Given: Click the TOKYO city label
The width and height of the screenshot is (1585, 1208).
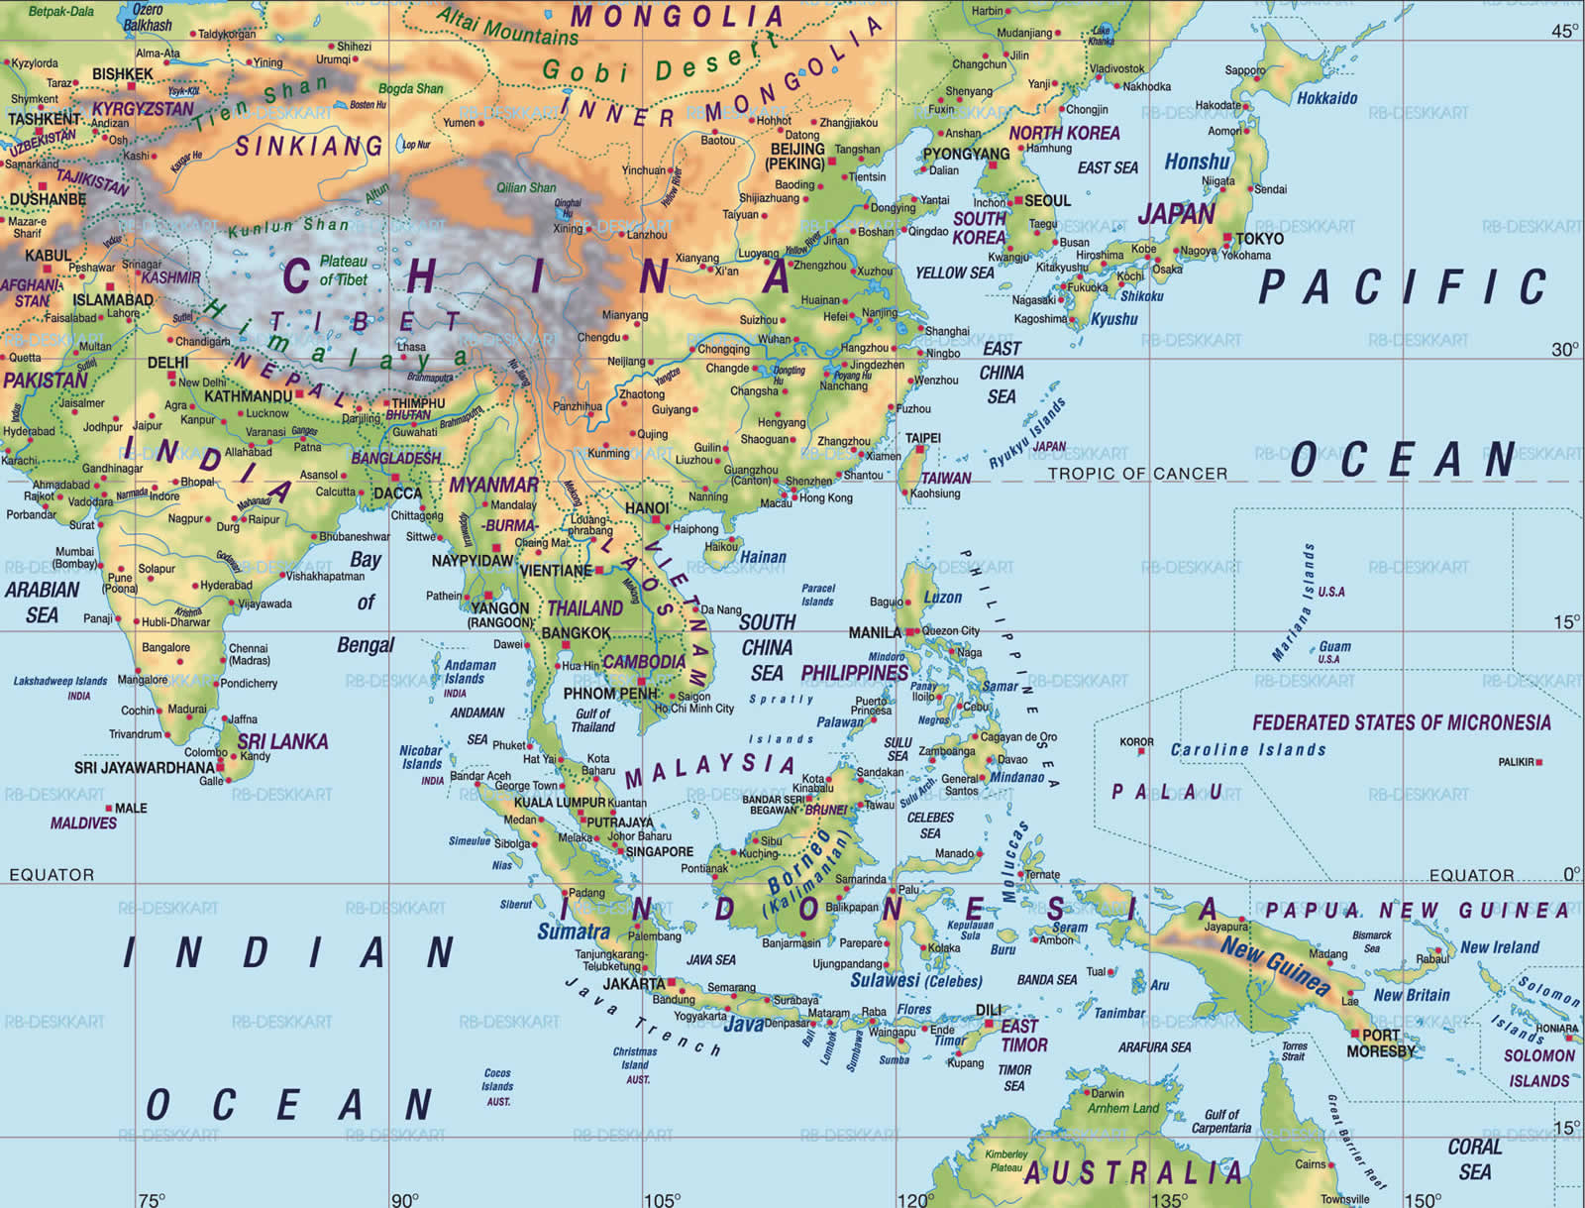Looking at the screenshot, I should [x=1259, y=238].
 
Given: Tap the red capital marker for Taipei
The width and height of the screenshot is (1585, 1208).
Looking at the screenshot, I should [x=918, y=450].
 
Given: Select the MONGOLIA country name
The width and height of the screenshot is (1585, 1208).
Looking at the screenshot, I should [x=677, y=17].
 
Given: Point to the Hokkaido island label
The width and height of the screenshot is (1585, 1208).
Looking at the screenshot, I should [x=1326, y=98].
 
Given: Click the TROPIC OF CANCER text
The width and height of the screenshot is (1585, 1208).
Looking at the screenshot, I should [x=1137, y=474].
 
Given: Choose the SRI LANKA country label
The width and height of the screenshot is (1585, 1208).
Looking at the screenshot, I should [x=282, y=741].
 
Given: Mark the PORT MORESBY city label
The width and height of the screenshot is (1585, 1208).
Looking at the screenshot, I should [x=1381, y=1043].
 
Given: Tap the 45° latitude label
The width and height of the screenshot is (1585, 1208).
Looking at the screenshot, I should [x=1564, y=31].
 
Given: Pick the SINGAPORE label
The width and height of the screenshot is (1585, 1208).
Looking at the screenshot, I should [x=660, y=851].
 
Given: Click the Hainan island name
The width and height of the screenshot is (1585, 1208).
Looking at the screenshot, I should [x=763, y=557].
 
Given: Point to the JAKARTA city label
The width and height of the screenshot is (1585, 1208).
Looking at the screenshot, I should [x=634, y=983].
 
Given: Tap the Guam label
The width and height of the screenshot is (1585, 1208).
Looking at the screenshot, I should [x=1334, y=646].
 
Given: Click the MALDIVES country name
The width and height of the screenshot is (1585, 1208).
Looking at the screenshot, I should [x=83, y=823].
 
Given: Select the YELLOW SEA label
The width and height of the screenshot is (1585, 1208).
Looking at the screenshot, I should [x=954, y=273].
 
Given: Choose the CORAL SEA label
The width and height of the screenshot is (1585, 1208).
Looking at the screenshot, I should [x=1474, y=1158].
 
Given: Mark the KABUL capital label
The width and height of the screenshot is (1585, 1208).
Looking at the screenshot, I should [x=48, y=256].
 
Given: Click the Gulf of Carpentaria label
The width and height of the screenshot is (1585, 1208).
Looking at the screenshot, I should [x=1221, y=1121].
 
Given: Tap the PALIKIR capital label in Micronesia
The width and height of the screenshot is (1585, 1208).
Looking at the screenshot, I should [x=1516, y=762].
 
